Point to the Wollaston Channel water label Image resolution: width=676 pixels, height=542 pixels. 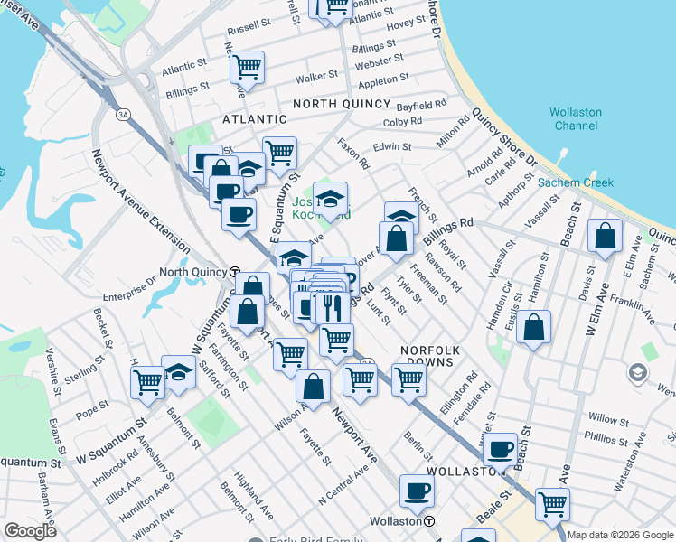pyautogui.click(x=576, y=118)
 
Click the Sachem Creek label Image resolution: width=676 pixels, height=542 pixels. pyautogui.click(x=576, y=182)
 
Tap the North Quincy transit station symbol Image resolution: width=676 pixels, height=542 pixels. pyautogui.click(x=234, y=271)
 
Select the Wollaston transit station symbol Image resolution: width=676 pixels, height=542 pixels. pyautogui.click(x=430, y=521)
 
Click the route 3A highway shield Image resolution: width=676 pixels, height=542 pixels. pyautogui.click(x=122, y=115)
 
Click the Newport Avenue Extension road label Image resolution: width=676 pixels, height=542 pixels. pyautogui.click(x=140, y=201)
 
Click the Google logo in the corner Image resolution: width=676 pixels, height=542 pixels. pyautogui.click(x=30, y=531)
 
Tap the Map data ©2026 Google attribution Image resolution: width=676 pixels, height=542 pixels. pyautogui.click(x=620, y=535)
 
